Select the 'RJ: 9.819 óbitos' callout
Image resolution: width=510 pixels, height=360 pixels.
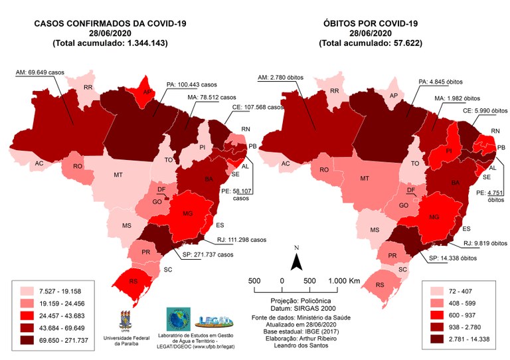click(x=468, y=243)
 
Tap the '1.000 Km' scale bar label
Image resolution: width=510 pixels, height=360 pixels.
click(x=345, y=281)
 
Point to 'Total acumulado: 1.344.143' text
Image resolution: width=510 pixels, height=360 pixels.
click(x=110, y=43)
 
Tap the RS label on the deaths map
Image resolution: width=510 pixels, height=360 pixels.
click(x=380, y=284)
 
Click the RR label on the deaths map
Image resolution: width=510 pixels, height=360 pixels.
click(x=335, y=91)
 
